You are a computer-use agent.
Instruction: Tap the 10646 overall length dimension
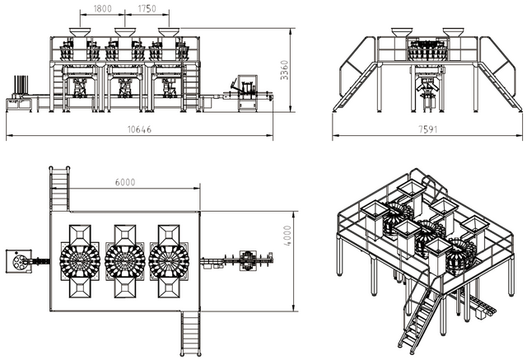(143, 130)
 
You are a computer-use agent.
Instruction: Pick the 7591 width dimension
(426, 130)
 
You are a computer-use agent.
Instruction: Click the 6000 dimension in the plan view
(126, 182)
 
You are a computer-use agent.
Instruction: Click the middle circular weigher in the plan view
(125, 261)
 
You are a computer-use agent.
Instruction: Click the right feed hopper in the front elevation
(170, 31)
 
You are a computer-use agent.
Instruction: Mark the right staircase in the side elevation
(499, 82)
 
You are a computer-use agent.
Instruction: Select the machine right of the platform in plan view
(251, 261)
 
